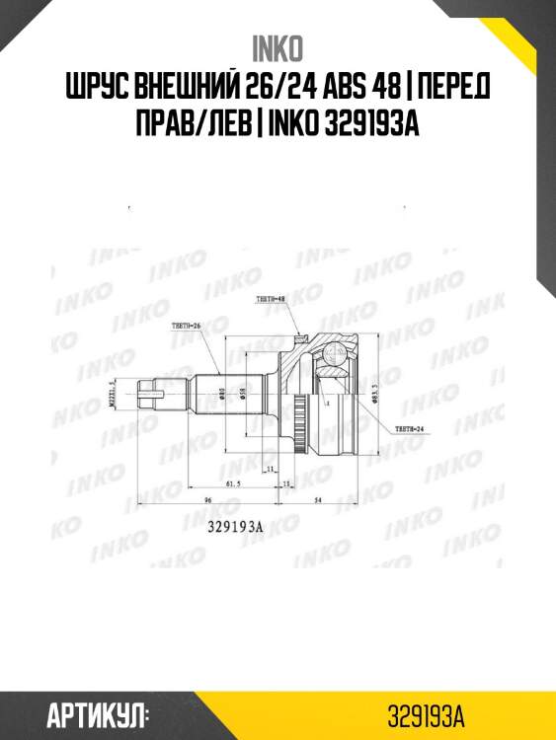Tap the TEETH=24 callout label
point(408,429)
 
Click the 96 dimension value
point(209,501)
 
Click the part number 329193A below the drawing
point(234,527)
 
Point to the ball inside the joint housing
point(329,364)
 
